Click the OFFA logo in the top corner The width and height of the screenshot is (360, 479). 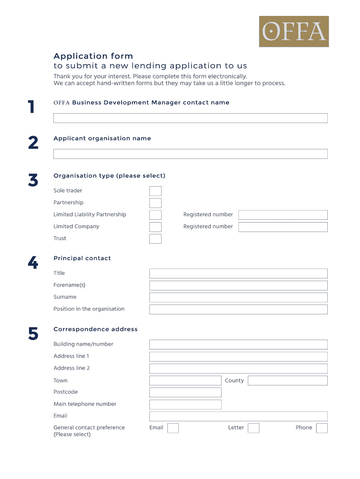coord(294,31)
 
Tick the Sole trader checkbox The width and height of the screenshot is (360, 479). coord(155,191)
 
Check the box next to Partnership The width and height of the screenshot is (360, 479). coord(155,203)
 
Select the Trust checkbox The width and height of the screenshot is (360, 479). coord(155,239)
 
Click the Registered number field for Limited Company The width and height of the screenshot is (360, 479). coord(283,227)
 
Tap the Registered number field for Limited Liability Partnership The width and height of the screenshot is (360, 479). coord(283,215)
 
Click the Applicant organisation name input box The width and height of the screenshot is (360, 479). coord(190,154)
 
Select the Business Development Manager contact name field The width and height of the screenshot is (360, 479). coord(190,118)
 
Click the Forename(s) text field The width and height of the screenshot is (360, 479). coord(238,285)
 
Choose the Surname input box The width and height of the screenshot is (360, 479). coord(238,298)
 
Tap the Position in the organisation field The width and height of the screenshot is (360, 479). coord(238,309)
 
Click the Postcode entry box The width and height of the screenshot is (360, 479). coord(185,392)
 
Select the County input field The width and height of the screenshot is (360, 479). coord(288,380)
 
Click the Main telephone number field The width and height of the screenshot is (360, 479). coord(185,404)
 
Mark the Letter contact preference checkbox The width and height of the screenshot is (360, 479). coord(253,428)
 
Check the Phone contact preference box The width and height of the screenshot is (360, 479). coord(322,428)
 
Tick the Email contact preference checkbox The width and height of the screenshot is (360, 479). coord(173,428)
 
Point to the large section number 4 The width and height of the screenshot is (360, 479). coord(33,263)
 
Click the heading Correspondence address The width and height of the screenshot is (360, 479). coord(95,329)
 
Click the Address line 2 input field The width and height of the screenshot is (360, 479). coord(238,369)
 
